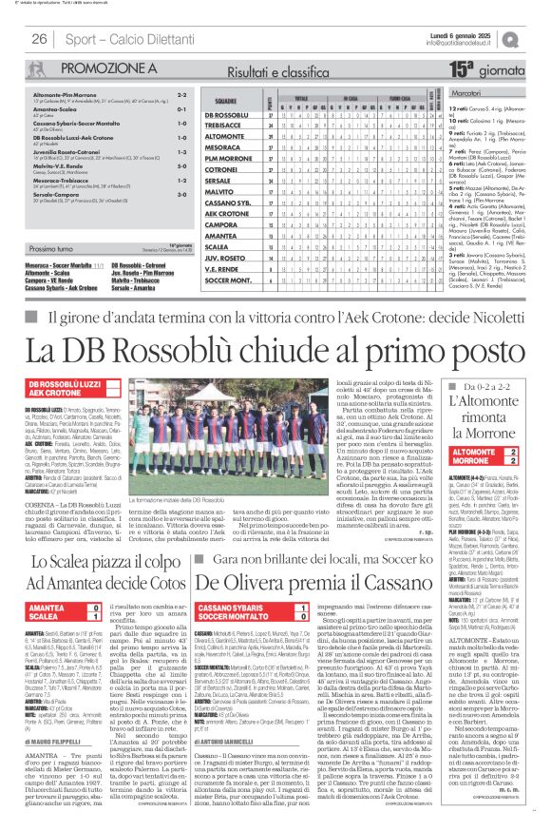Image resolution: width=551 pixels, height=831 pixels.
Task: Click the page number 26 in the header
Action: click(x=40, y=39)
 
